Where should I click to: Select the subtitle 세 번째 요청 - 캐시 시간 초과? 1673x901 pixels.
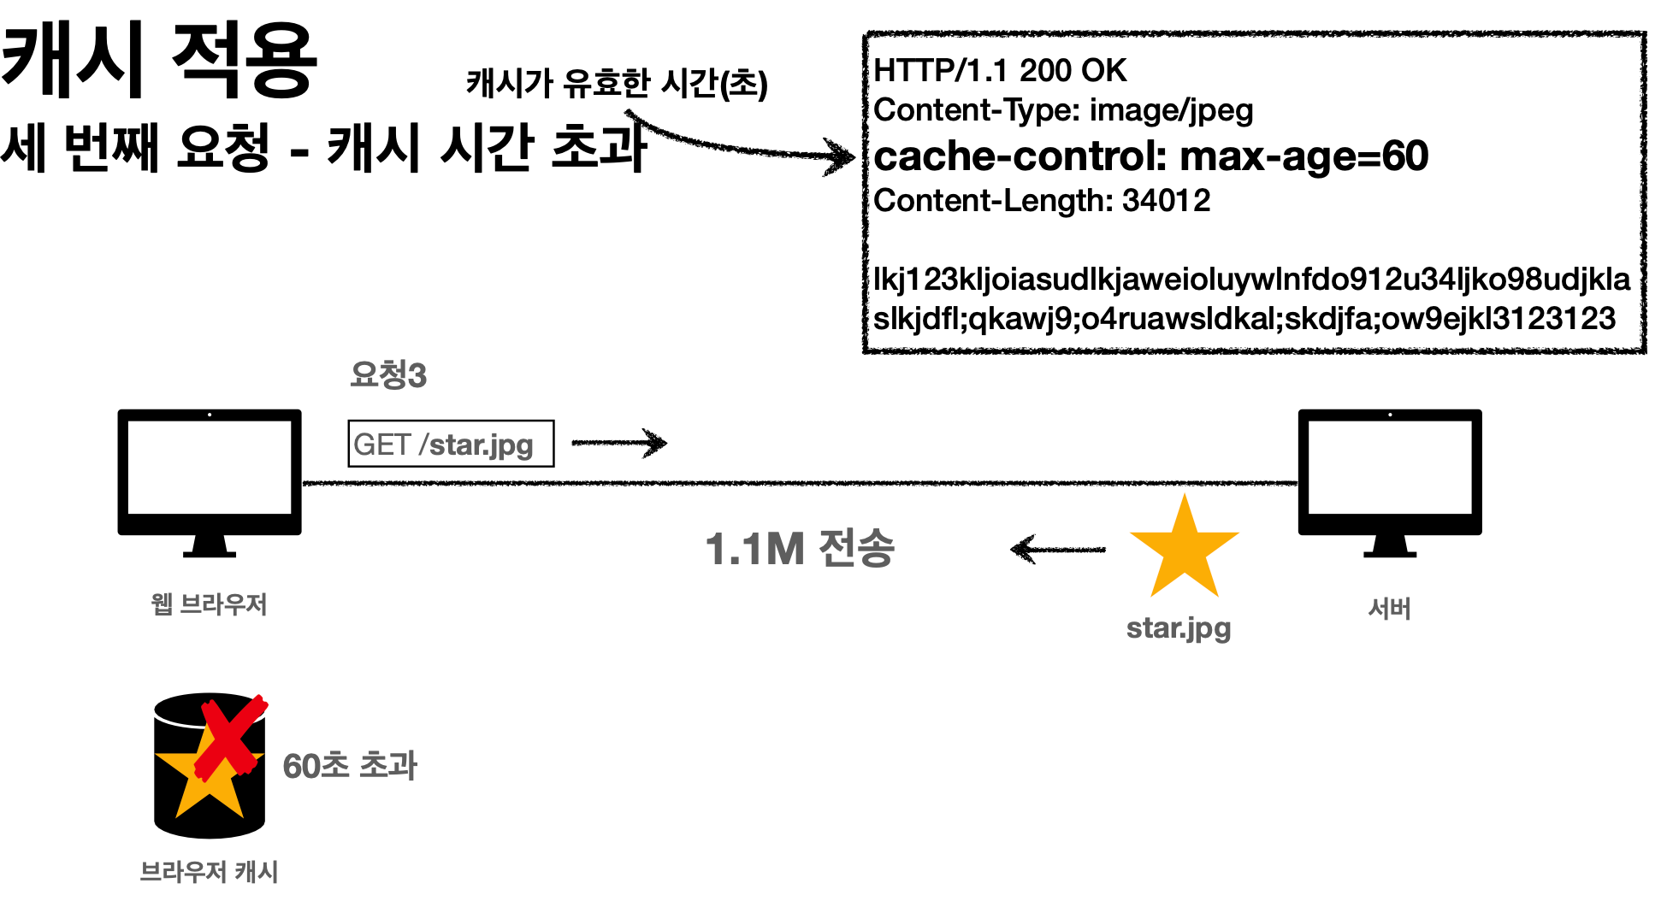click(323, 147)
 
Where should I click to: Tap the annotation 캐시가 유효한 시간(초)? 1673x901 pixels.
click(616, 84)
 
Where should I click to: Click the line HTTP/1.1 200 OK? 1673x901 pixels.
click(999, 70)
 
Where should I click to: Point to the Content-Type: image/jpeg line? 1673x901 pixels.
click(1062, 110)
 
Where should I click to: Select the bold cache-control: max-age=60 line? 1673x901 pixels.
click(1150, 156)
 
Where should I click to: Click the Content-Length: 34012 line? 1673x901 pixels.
click(1042, 201)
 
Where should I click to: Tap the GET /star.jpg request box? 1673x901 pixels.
click(451, 444)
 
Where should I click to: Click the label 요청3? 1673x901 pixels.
click(388, 374)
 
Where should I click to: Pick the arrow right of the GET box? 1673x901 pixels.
click(619, 442)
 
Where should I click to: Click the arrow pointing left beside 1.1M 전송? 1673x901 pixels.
click(1057, 549)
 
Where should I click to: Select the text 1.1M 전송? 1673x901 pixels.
click(800, 549)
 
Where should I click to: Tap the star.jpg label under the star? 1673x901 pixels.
click(1179, 628)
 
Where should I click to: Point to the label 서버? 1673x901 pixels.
click(1389, 609)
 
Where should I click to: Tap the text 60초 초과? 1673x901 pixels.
click(350, 766)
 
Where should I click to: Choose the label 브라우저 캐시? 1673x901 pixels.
click(210, 872)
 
